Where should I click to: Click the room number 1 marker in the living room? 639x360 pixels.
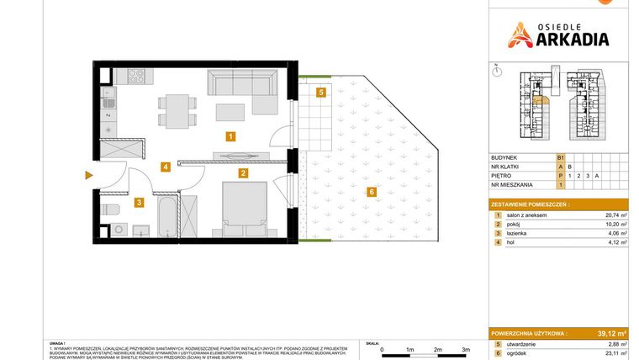[x=230, y=135]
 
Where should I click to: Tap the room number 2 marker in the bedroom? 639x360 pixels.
[x=242, y=174]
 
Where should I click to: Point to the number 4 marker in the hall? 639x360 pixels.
[x=166, y=167]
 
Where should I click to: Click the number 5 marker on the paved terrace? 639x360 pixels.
[x=321, y=93]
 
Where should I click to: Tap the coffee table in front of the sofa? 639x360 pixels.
[x=232, y=112]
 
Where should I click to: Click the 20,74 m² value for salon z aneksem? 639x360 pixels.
[x=615, y=215]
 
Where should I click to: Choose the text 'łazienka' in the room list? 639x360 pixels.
[x=522, y=236]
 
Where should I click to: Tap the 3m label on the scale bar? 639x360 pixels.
[x=466, y=348]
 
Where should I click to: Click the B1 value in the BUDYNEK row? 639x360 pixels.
[x=560, y=157]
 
